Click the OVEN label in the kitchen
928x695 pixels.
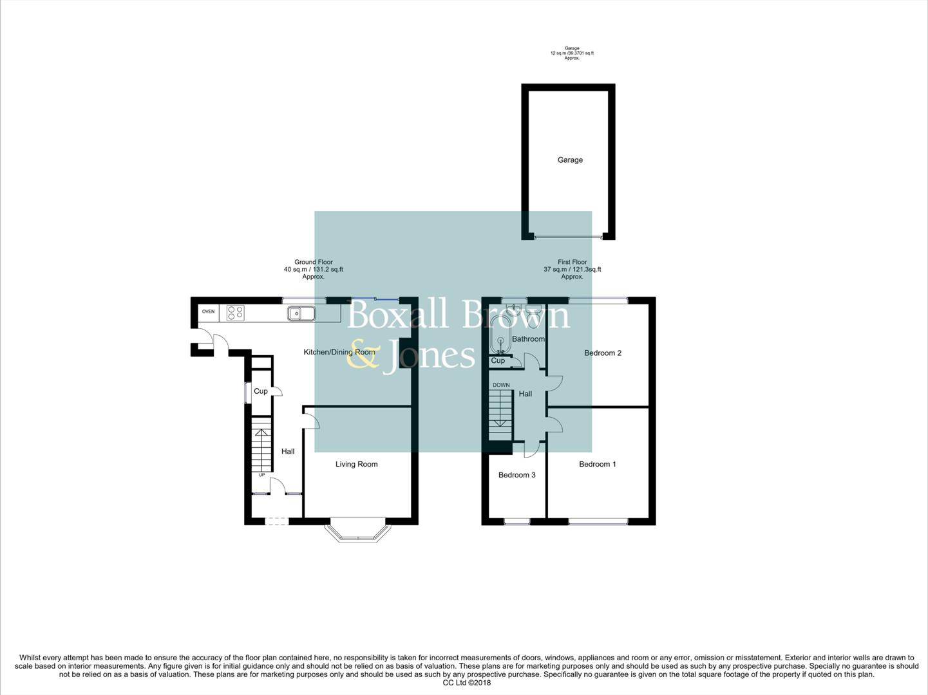click(208, 311)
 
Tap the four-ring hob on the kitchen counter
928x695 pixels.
click(235, 313)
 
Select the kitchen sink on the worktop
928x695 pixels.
click(301, 313)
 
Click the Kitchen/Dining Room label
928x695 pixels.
click(339, 352)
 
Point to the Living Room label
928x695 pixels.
click(356, 464)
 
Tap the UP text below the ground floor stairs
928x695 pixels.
click(261, 476)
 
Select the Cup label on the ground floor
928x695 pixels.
click(260, 391)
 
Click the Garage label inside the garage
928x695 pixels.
click(570, 160)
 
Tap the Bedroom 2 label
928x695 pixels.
click(603, 353)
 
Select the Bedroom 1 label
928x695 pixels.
click(597, 464)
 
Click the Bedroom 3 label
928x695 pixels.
click(516, 475)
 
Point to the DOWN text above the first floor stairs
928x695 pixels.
click(501, 385)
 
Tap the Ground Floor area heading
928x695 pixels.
click(314, 269)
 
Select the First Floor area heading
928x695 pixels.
click(572, 269)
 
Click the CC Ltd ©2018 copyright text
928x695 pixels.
click(466, 683)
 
